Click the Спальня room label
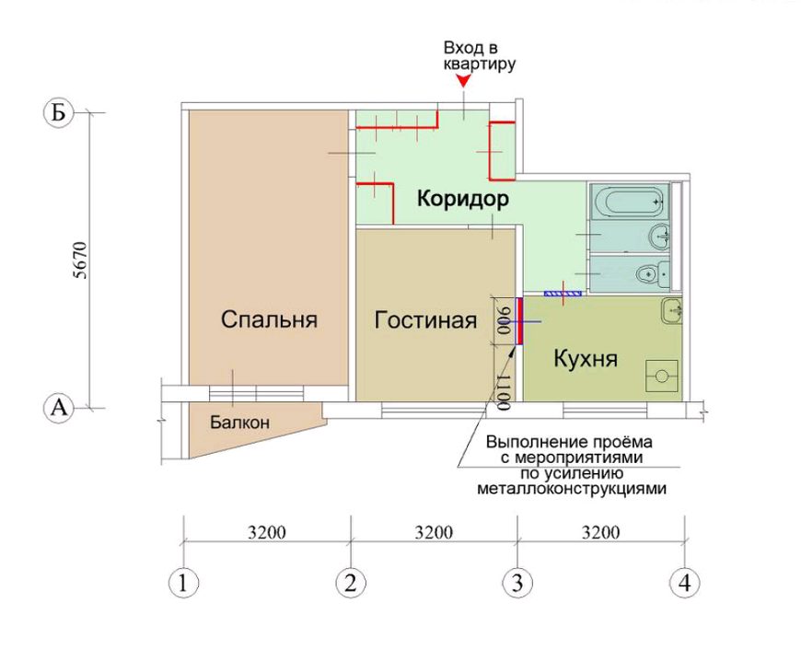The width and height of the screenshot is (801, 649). coord(269,319)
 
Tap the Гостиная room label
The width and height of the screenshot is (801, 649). coord(425,320)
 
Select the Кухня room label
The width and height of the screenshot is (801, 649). coord(586,359)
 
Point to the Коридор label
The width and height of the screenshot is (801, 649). coord(463,199)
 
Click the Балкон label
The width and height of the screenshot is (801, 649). coord(239,423)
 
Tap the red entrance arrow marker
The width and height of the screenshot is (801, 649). coord(463,81)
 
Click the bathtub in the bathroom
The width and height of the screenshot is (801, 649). coord(630,202)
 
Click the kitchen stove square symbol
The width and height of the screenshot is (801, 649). coord(662,376)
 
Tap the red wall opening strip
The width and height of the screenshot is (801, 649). coord(519,321)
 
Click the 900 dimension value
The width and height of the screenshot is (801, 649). coord(504,320)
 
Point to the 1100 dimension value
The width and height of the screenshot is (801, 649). coord(504,392)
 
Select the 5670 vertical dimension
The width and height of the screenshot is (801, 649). coord(81,260)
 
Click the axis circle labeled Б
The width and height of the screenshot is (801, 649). coord(58,113)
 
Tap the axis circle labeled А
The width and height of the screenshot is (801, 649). coord(58,409)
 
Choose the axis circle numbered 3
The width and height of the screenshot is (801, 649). coord(517,583)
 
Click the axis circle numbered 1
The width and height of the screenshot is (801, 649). coord(183,583)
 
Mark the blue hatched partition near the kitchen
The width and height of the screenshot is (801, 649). coord(563,294)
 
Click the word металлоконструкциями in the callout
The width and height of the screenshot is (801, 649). coord(572,489)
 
